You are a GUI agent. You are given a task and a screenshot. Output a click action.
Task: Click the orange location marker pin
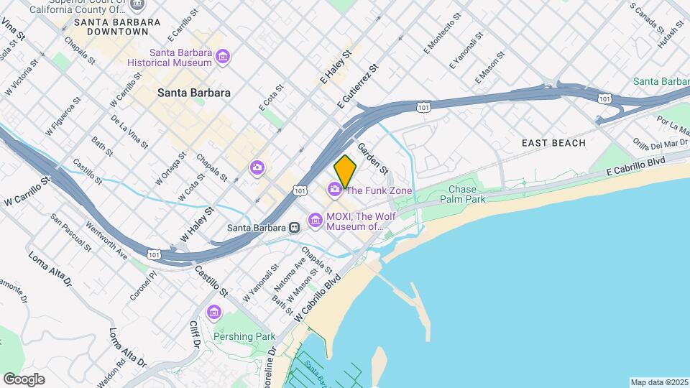[x=346, y=171]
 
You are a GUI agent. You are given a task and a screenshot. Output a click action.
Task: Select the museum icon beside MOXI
[x=315, y=220]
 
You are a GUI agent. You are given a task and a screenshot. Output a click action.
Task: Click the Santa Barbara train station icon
[x=294, y=228]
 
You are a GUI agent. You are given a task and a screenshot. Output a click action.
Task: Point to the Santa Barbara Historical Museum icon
[x=223, y=56]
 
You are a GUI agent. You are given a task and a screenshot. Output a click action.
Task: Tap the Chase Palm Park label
[x=466, y=194]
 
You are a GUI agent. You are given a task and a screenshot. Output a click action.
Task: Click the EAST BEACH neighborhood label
[x=553, y=143]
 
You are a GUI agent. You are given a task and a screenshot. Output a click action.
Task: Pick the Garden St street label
[x=374, y=158]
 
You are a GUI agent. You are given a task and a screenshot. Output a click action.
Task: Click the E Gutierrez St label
[x=357, y=87]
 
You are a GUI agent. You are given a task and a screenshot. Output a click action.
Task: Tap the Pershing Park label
[x=244, y=336]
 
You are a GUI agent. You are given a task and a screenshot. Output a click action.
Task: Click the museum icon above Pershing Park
[x=213, y=313]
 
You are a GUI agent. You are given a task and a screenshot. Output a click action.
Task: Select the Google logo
[x=24, y=379]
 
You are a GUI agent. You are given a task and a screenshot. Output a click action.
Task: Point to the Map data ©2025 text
[x=658, y=382]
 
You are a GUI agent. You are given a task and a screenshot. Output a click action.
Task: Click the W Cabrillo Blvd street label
[x=317, y=296]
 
